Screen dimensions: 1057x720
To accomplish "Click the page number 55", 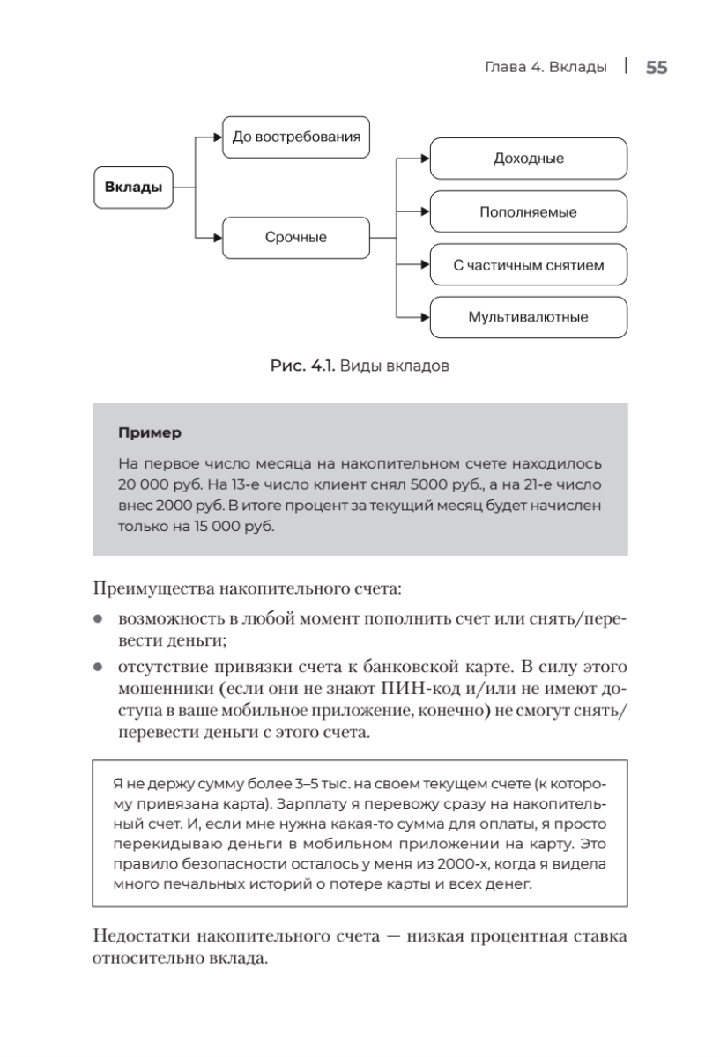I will [656, 69].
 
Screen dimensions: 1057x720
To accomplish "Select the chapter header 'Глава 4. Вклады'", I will [546, 69].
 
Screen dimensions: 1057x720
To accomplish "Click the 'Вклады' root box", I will [132, 187].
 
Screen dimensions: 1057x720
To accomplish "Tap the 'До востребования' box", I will [296, 137].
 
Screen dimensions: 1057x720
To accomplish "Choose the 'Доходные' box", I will [528, 159].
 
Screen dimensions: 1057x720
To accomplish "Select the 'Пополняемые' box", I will [528, 212].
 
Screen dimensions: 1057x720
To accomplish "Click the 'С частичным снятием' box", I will [528, 265].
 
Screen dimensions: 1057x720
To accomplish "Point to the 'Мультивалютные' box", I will [528, 317].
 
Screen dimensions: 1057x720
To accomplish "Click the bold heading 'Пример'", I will [149, 432].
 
